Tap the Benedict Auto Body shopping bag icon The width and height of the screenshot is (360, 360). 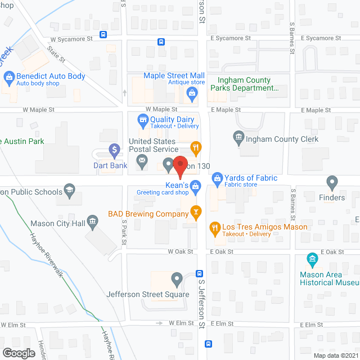point(8,76)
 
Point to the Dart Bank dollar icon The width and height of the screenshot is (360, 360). point(114,150)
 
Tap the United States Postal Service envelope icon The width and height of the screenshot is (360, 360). point(142,164)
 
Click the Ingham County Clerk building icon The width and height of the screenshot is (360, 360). point(238,137)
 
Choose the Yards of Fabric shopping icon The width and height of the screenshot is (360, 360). point(217,178)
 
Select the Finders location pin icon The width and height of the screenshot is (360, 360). point(332,182)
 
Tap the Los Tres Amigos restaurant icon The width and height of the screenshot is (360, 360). point(214,228)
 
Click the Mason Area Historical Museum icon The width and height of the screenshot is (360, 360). point(313,260)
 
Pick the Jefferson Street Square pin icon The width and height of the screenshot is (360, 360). point(177,278)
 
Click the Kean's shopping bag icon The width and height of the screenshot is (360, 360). point(196,185)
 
